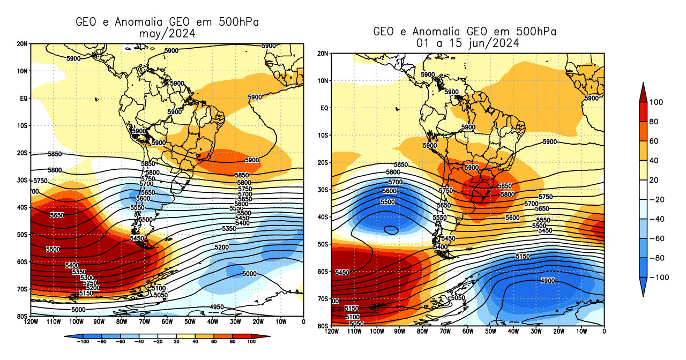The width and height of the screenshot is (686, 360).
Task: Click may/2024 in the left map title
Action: pyautogui.click(x=167, y=34)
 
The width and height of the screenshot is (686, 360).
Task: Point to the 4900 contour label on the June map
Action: pyautogui.click(x=548, y=281)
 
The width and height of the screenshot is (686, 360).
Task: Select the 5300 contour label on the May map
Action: pyautogui.click(x=87, y=277)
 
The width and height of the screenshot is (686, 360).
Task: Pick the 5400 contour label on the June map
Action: pyautogui.click(x=441, y=246)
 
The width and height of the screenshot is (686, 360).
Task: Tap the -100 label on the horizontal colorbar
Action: pyautogui.click(x=83, y=341)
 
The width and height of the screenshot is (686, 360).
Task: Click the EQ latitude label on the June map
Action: pyautogui.click(x=324, y=108)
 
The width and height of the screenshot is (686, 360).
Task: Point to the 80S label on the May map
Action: pyautogui.click(x=23, y=316)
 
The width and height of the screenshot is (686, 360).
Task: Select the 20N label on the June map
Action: pyautogui.click(x=323, y=54)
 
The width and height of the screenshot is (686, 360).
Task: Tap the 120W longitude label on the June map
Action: pyautogui.click(x=332, y=332)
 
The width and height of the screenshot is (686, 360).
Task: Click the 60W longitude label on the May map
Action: pyautogui.click(x=167, y=322)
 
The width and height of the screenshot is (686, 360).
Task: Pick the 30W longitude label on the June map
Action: pyautogui.click(x=536, y=332)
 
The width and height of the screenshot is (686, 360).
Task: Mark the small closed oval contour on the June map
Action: pyautogui.click(x=391, y=230)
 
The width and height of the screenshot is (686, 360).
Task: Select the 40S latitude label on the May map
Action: pyautogui.click(x=23, y=207)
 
